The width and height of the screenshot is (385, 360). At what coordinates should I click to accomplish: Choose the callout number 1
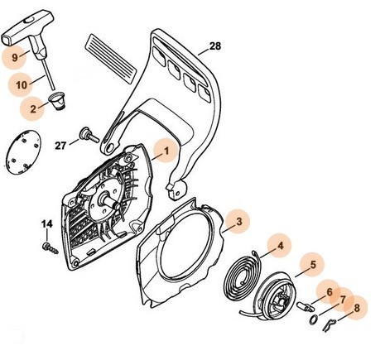pos(166,151)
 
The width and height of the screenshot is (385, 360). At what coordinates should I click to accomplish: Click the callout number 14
pos(47,223)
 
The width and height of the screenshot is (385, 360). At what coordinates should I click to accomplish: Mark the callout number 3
pos(238,221)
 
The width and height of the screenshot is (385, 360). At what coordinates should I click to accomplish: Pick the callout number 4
pos(282,246)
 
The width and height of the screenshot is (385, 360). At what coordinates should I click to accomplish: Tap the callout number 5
pos(313,266)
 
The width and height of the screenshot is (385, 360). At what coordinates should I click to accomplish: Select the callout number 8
pos(357,309)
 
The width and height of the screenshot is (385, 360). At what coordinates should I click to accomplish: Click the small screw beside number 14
pos(49,246)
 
